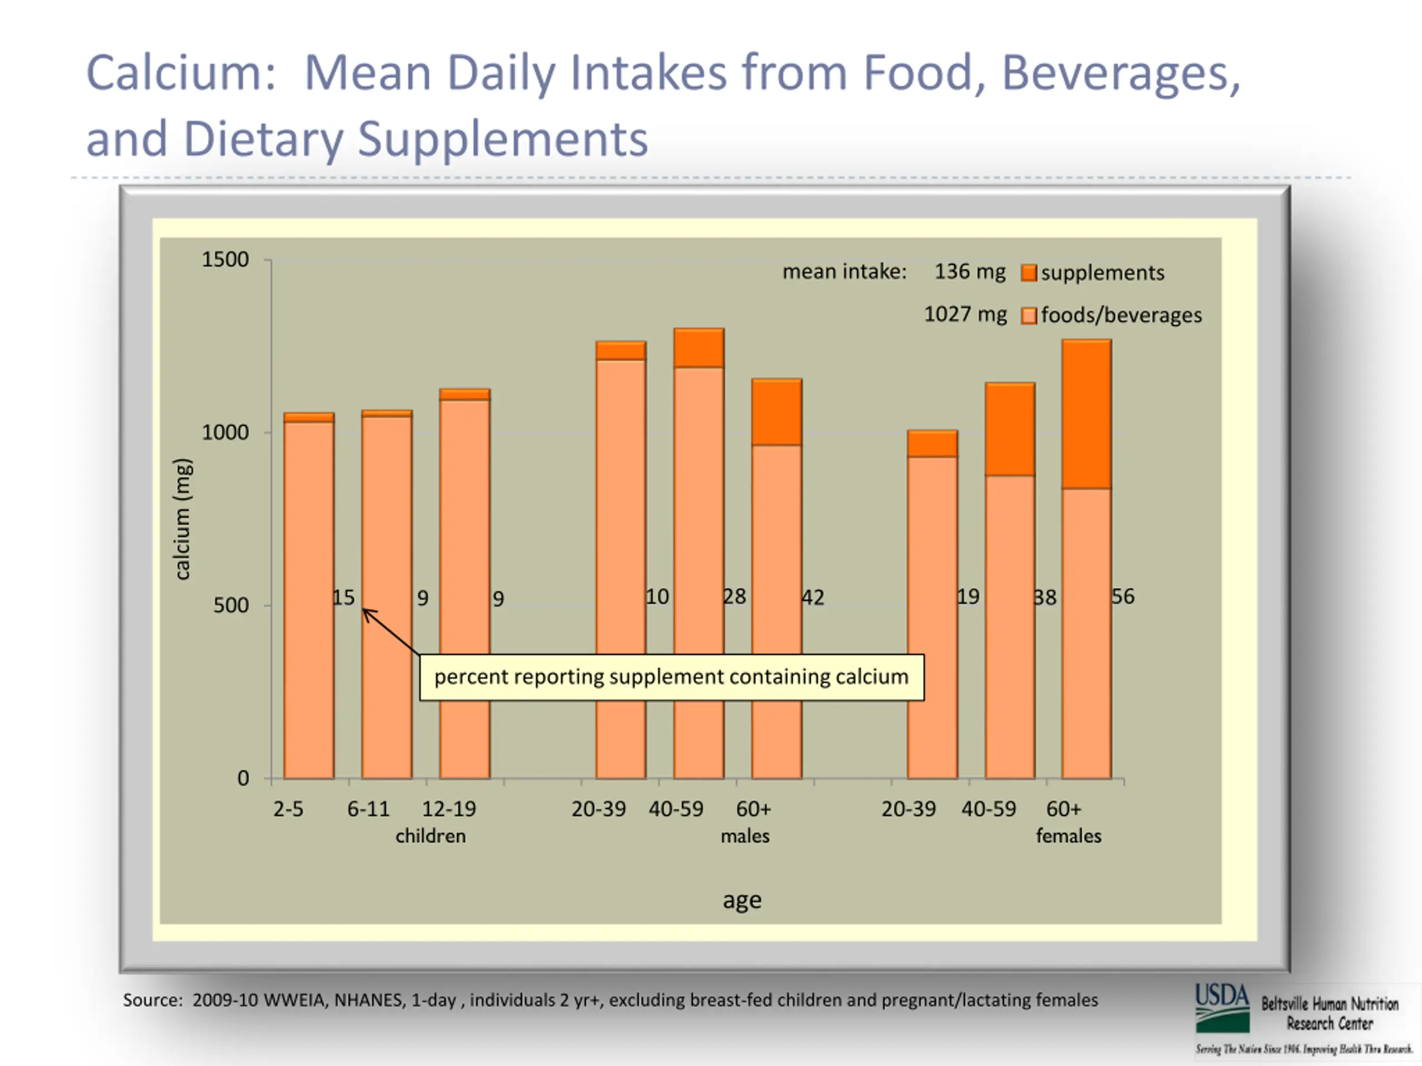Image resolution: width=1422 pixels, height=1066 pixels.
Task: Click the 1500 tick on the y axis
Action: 225,260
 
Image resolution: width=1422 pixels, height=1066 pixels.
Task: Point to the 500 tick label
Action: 230,605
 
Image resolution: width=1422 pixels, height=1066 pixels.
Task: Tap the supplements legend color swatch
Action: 1029,273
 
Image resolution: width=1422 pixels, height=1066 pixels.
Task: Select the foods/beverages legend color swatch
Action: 1029,316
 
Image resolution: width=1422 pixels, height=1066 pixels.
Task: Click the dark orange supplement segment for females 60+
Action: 1086,414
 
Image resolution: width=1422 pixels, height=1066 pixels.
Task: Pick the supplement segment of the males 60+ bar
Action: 777,412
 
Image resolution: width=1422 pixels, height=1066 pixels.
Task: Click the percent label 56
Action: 1123,596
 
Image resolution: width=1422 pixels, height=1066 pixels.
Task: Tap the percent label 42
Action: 813,597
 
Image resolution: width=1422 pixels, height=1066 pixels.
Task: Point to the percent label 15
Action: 344,598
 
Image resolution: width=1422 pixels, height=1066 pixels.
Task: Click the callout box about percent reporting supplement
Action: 671,677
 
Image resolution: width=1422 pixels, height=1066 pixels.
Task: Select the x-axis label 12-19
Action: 449,809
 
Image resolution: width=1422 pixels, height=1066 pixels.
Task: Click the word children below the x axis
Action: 430,836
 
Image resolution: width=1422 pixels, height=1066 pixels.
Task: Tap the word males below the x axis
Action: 744,836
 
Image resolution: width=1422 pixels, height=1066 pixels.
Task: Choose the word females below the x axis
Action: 1068,836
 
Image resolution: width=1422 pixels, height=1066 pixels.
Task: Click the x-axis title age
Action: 742,900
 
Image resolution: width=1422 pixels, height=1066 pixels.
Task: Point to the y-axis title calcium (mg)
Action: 183,519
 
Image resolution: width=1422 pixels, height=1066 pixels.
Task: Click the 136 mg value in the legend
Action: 969,272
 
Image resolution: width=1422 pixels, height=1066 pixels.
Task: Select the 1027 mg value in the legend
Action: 965,314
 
